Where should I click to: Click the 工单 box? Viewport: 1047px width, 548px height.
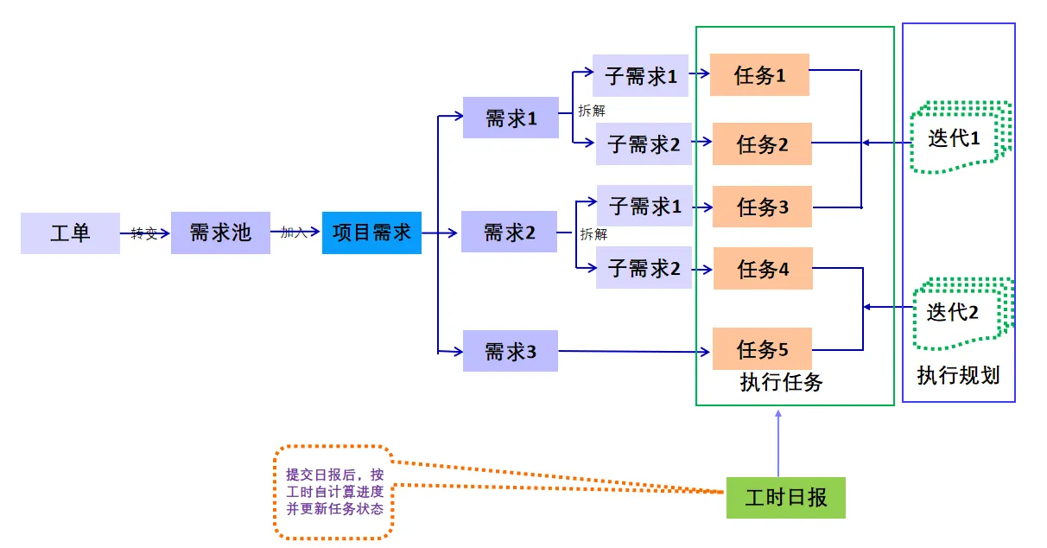pos(70,233)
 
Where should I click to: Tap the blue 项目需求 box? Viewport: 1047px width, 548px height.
pos(371,233)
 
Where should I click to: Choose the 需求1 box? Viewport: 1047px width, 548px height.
pos(511,118)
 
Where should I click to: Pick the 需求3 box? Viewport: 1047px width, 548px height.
pos(510,351)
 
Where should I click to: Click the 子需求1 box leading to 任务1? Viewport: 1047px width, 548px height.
pos(640,75)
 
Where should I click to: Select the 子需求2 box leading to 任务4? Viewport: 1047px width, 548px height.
pos(644,268)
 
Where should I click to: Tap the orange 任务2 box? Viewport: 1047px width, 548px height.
pos(762,143)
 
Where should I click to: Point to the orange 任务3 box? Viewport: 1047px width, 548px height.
pos(762,207)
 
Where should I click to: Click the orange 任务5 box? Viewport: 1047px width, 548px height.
pos(762,349)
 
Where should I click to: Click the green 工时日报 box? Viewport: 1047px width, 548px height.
pos(785,498)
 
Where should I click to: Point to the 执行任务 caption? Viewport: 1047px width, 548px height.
pos(781,382)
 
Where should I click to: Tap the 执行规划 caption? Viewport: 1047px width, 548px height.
pos(958,376)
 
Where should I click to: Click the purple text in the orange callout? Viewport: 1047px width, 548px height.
pos(334,492)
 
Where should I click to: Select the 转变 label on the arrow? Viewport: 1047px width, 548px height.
pos(144,233)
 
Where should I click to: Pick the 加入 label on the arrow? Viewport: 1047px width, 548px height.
pos(294,233)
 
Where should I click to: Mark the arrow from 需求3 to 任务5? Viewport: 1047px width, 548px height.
pos(635,352)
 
